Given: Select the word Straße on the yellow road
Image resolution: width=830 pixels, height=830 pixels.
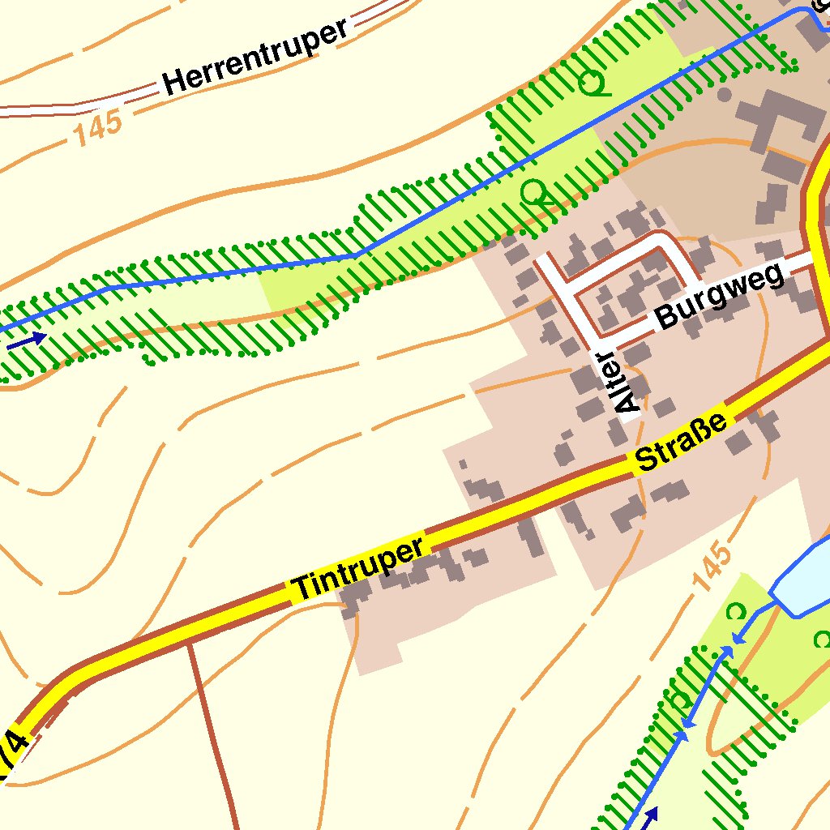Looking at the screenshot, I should [681, 439].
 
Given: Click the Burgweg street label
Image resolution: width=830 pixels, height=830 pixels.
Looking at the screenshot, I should [721, 295].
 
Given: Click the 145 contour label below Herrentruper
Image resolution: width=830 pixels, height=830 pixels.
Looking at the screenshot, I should [100, 129].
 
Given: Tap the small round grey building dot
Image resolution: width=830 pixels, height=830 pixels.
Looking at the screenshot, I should [724, 95].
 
